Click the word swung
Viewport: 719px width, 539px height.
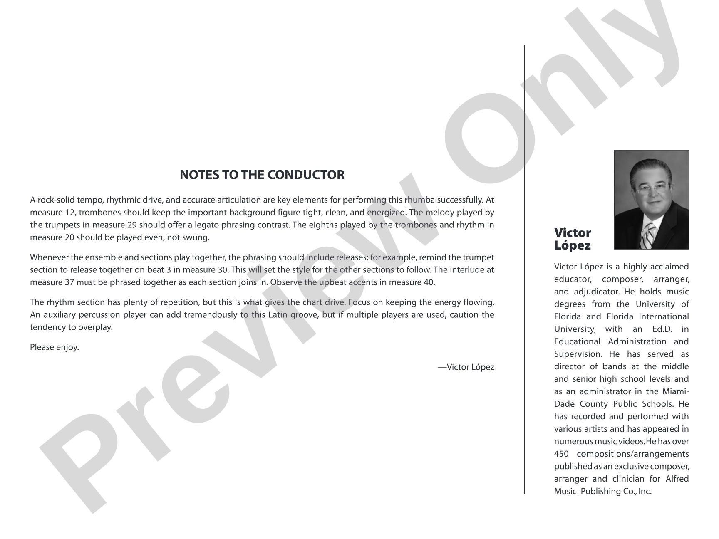point(198,237)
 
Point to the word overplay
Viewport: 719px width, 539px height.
point(97,327)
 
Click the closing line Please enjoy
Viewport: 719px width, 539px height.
point(55,347)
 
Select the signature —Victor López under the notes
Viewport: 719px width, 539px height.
point(466,367)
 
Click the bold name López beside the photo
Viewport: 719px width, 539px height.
point(572,245)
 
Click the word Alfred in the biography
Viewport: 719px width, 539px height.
point(677,479)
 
